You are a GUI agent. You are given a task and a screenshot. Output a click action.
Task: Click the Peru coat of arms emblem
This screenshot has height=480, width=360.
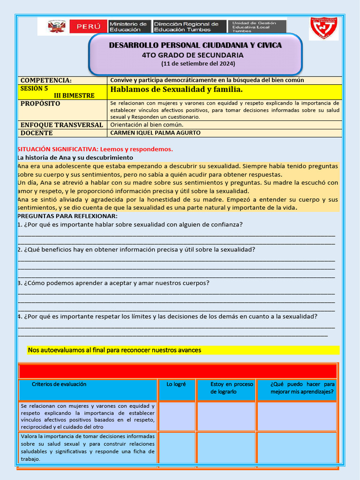[56, 27]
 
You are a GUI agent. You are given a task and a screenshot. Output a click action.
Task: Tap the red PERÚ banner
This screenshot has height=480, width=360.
[88, 27]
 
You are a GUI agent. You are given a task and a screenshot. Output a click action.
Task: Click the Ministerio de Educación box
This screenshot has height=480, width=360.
[128, 27]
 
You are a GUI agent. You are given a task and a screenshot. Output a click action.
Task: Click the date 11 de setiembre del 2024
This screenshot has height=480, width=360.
[198, 64]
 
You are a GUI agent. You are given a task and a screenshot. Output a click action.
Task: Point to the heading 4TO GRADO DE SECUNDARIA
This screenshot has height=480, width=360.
[195, 55]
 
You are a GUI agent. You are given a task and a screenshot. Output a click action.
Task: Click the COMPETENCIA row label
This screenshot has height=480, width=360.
[46, 80]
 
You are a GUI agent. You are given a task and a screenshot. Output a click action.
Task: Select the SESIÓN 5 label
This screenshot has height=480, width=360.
[34, 88]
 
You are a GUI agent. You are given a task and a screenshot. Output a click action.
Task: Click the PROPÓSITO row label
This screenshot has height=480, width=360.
[40, 103]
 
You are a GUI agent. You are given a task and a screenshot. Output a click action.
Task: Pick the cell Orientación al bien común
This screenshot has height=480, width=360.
[146, 125]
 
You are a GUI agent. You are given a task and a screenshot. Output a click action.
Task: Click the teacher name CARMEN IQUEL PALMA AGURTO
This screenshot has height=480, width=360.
[155, 133]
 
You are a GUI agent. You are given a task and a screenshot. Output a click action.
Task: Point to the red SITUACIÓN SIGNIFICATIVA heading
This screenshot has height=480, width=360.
[95, 149]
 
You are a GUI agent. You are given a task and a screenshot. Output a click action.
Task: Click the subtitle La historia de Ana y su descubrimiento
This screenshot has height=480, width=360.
[75, 157]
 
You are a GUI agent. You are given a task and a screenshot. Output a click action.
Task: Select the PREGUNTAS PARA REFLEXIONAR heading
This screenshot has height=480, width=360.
[67, 216]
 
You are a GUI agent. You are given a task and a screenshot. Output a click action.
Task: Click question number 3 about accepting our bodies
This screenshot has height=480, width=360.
[113, 283]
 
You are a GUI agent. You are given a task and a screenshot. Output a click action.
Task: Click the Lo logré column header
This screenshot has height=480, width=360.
[176, 384]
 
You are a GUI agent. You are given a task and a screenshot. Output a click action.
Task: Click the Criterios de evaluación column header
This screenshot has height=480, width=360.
[59, 384]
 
